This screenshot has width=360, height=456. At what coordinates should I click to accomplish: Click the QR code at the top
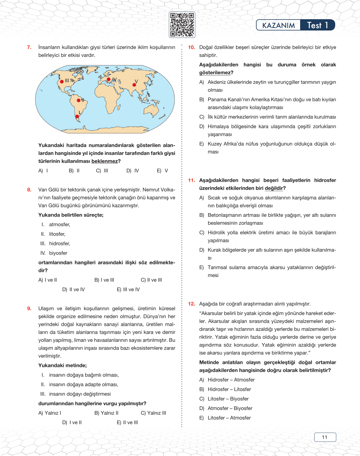point(182,25)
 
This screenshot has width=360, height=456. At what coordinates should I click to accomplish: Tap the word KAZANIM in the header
point(278,25)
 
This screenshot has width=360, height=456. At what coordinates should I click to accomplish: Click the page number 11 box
point(325,437)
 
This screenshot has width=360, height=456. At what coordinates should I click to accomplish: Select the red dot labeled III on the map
point(62,82)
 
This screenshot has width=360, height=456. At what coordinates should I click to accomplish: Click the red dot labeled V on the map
point(134,85)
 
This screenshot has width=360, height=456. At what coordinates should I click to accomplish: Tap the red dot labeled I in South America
point(77,116)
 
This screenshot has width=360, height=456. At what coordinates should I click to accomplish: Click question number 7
point(29,47)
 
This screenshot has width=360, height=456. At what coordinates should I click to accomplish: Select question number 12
point(191,304)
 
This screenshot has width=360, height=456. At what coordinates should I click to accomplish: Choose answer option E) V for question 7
point(162,171)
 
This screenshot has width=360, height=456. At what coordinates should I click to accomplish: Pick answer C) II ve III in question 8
point(151,280)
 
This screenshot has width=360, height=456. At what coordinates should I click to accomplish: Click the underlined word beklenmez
point(104,161)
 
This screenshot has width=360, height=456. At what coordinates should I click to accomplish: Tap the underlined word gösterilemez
point(215,73)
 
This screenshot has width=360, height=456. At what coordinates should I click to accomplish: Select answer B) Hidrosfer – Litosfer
point(225,389)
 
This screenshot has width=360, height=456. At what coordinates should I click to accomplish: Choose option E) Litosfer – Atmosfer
point(225,418)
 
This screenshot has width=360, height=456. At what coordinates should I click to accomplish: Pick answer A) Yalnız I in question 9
point(50,413)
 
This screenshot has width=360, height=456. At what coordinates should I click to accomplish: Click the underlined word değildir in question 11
point(274,188)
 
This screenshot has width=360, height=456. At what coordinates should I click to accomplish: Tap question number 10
point(191,47)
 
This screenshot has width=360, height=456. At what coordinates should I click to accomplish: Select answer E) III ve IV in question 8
point(128,289)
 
